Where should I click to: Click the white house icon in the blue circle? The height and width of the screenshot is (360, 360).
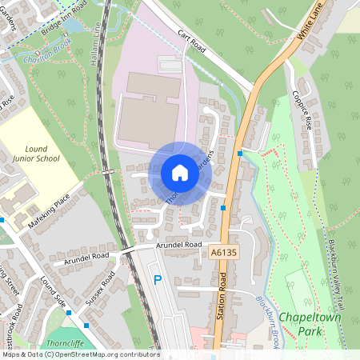(180, 173)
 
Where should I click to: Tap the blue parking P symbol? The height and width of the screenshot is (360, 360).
(158, 280)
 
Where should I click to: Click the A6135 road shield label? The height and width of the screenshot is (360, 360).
(226, 253)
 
